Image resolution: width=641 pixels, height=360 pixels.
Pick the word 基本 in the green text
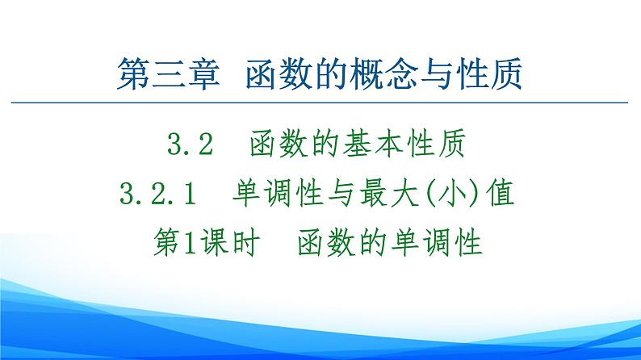coord(376,145)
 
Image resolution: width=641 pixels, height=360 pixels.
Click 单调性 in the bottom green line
coord(435,241)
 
